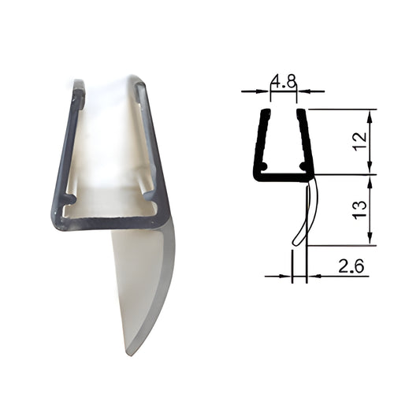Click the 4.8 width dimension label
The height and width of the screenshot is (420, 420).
tap(283, 80)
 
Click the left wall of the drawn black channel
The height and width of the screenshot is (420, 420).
tap(258, 142)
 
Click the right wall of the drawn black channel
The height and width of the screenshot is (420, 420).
tap(303, 142)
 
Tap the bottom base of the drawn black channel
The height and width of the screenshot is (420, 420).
tap(282, 177)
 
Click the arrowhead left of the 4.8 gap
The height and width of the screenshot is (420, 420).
tap(266, 91)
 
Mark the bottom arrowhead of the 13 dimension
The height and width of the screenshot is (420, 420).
tap(369, 240)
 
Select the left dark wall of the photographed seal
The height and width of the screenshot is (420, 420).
tap(65, 150)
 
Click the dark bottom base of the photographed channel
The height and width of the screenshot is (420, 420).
tap(110, 223)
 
